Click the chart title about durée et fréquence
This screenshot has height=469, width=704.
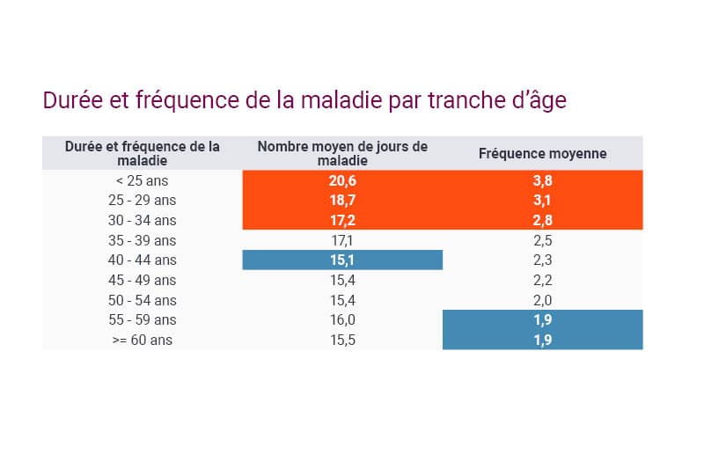click(x=304, y=100)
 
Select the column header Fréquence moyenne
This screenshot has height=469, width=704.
click(x=542, y=153)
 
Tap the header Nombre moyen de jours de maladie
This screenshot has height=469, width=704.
click(x=342, y=153)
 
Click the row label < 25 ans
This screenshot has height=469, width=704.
click(x=142, y=180)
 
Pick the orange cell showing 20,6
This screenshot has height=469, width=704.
click(x=342, y=180)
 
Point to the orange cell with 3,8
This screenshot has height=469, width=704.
click(x=542, y=180)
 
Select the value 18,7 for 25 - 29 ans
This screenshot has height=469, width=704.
click(x=342, y=201)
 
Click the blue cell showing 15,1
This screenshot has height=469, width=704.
click(x=342, y=260)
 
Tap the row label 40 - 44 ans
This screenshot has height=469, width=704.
click(x=142, y=260)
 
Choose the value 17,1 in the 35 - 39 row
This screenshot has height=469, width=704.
click(x=342, y=240)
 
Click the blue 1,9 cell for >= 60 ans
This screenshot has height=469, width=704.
click(x=542, y=340)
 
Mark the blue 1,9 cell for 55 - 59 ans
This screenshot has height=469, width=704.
click(x=542, y=319)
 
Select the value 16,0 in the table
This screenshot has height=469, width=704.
click(x=342, y=319)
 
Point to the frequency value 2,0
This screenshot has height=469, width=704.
click(x=542, y=300)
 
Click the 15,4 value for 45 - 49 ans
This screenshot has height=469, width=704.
click(x=342, y=280)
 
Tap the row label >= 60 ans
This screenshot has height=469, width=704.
click(x=142, y=340)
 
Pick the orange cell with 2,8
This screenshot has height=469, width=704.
click(x=542, y=220)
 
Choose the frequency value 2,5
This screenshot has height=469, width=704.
click(x=542, y=240)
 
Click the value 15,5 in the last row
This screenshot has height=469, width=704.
click(x=342, y=340)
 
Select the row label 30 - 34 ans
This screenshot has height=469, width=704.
click(x=142, y=220)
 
